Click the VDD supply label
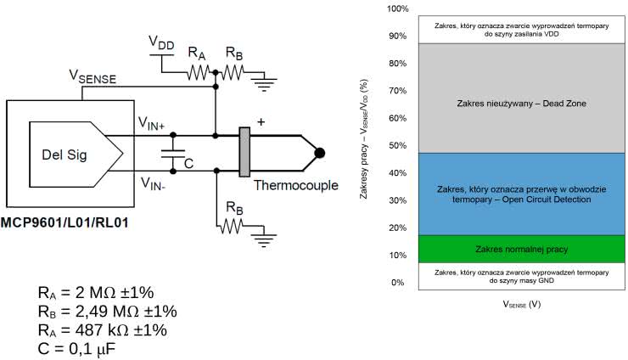(162, 42)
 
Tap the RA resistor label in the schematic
(197, 53)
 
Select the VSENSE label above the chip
(93, 77)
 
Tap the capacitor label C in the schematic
(189, 163)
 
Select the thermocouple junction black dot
(319, 153)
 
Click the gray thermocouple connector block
(245, 153)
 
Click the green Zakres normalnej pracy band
(522, 249)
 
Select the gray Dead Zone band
(522, 104)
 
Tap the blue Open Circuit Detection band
(522, 194)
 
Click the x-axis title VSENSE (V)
(522, 303)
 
